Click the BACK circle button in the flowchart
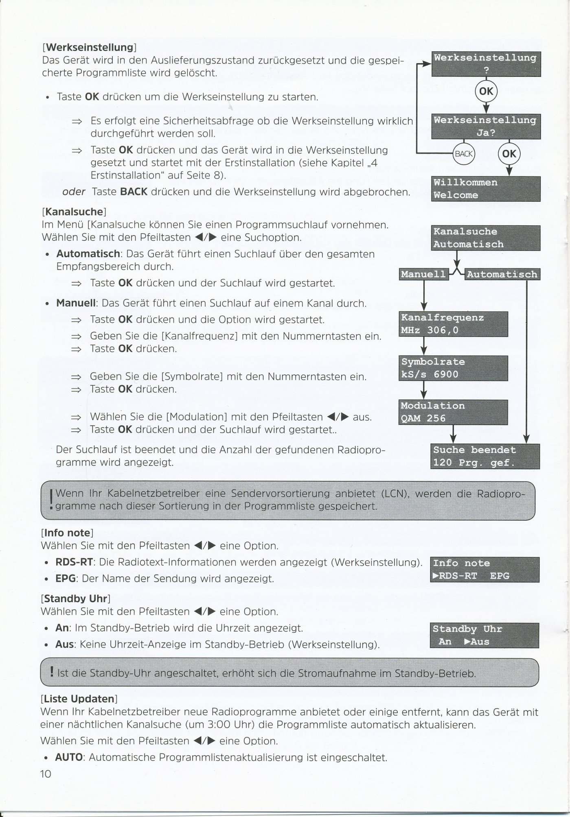pos(463,154)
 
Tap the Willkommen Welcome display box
pos(486,189)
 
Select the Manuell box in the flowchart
pos(423,274)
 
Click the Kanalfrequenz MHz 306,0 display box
pos(453,324)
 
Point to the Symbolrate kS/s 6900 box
pos(453,368)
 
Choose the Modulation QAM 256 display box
pos(453,412)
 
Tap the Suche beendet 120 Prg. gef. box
pos(485,456)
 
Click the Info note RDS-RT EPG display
pos(484,570)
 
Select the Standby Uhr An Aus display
pos(484,635)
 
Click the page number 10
pos(46,774)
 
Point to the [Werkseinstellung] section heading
pos(89,47)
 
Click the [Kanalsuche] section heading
pos(74,212)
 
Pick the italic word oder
pos(74,192)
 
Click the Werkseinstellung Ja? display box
pos(486,126)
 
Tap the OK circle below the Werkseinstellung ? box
pos(486,92)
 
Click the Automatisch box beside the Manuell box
pos(502,274)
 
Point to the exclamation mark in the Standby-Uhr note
pos(52,672)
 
